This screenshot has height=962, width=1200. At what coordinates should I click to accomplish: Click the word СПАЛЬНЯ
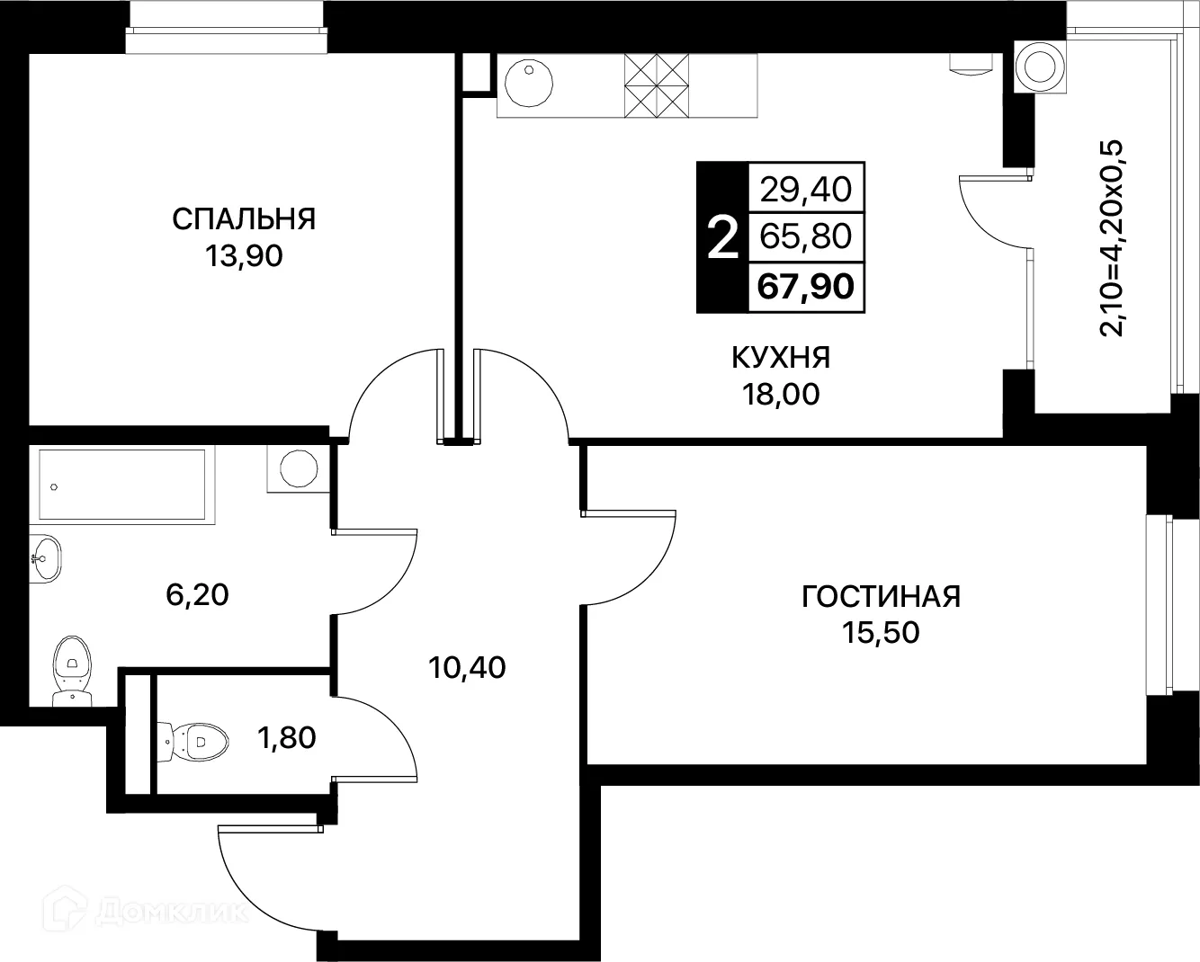click(243, 218)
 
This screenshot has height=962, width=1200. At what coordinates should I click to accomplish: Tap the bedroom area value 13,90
click(243, 256)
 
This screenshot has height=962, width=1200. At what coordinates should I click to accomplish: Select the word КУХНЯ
click(780, 357)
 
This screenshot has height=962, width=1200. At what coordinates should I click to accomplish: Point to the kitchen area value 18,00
click(780, 394)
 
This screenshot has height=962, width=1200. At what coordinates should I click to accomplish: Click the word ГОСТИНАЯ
click(881, 596)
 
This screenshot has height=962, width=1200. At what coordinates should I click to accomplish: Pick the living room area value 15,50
click(881, 633)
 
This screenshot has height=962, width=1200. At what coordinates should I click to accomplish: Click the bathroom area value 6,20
click(198, 593)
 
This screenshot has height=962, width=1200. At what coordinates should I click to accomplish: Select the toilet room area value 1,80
click(286, 738)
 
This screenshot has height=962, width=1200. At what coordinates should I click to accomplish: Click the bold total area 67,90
click(806, 287)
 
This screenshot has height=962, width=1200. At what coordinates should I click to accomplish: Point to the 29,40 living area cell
click(806, 189)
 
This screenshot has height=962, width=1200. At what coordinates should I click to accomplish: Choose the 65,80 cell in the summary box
click(806, 236)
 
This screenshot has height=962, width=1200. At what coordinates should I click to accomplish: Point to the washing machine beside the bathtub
click(297, 468)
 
